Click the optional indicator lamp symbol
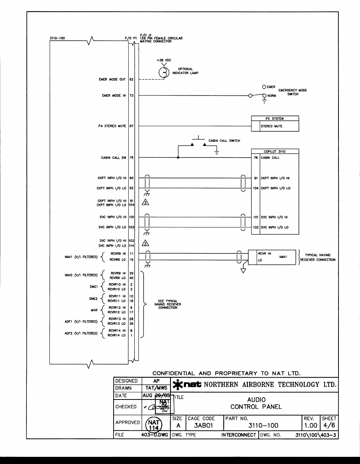[163, 72]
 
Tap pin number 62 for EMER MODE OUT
[131, 80]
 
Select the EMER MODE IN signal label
[114, 96]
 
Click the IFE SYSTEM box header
[275, 118]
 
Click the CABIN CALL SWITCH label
[224, 141]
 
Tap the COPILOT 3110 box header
[275, 152]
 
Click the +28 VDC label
[163, 60]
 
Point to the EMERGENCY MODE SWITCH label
[292, 92]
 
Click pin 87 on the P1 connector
[131, 126]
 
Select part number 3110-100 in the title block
[263, 426]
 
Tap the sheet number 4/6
[328, 426]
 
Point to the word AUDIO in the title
[256, 399]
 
